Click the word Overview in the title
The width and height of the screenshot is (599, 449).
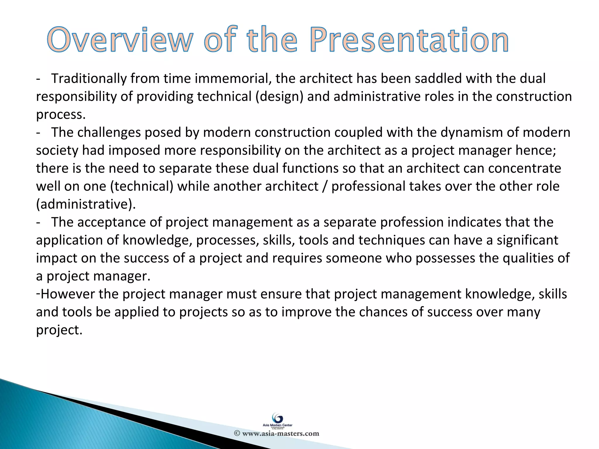[120, 40]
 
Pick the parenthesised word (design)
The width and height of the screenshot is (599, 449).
[279, 97]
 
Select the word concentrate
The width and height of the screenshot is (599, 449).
[524, 169]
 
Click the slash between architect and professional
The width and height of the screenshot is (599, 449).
[324, 186]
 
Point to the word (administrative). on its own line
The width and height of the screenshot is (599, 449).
[86, 204]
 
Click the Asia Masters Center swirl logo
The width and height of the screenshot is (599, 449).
[277, 418]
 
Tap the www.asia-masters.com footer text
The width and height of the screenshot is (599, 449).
[280, 434]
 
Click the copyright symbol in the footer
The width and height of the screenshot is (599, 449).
[237, 434]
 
